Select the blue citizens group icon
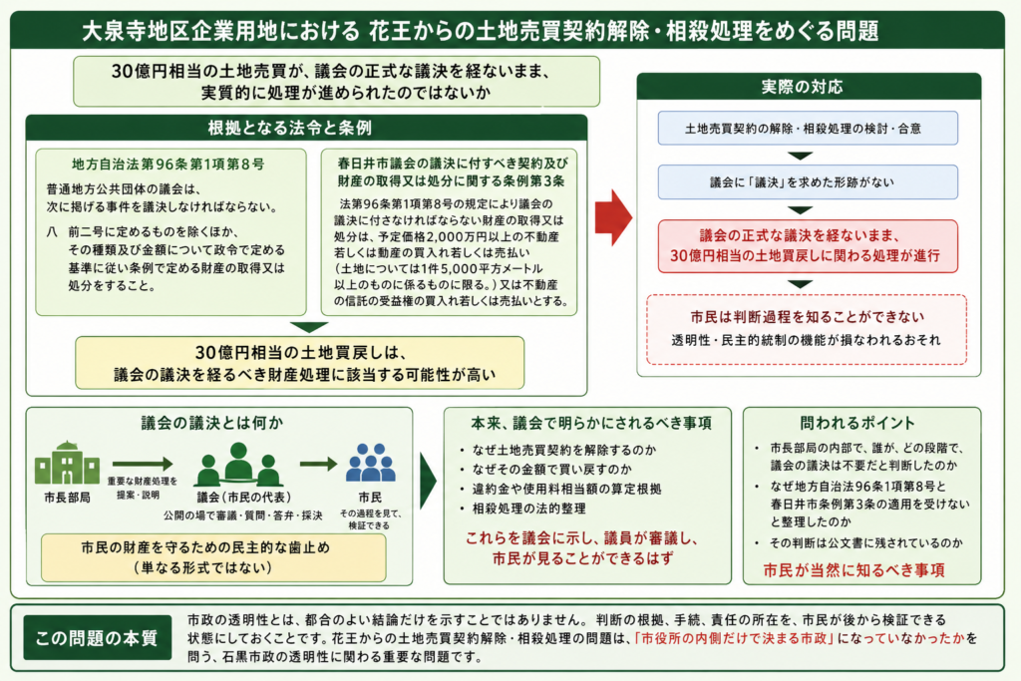click(371, 463)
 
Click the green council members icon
click(239, 465)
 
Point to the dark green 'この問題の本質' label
click(97, 637)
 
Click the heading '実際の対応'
click(803, 87)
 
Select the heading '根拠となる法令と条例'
click(290, 128)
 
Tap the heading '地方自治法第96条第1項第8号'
click(168, 165)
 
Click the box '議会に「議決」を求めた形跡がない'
click(808, 182)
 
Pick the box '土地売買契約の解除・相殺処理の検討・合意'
click(808, 129)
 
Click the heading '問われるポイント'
click(856, 423)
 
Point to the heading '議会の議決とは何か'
click(212, 423)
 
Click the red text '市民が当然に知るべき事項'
click(853, 570)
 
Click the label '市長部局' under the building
click(67, 498)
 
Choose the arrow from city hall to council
click(143, 464)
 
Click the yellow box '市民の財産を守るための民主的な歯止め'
click(213, 557)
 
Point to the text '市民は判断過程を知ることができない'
click(808, 317)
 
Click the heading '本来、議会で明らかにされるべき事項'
click(591, 423)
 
